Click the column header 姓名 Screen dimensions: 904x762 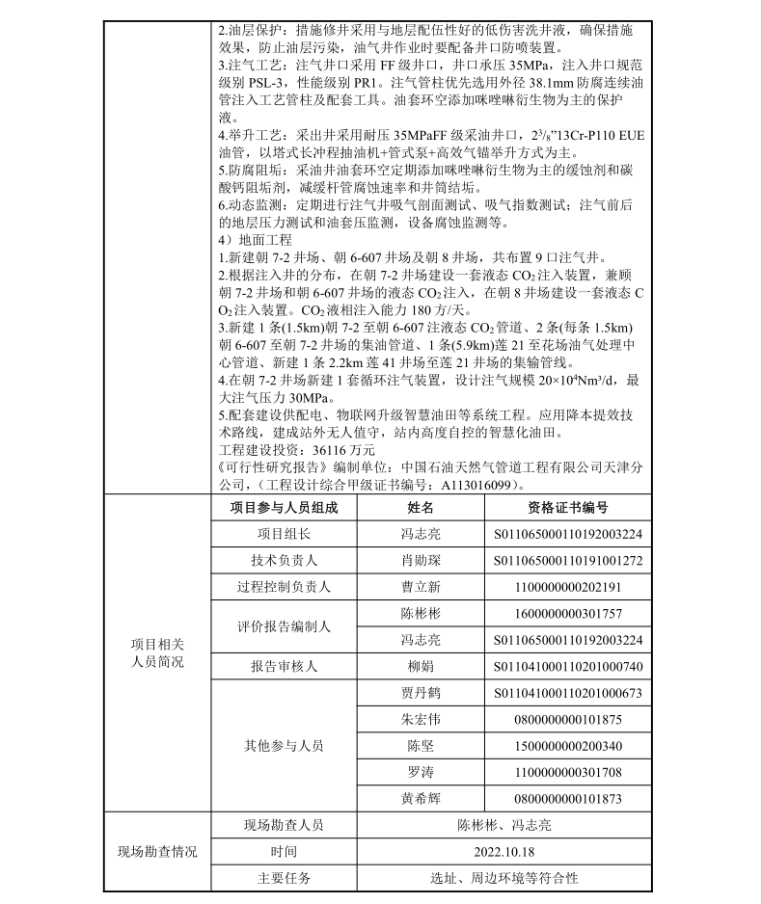tap(421, 507)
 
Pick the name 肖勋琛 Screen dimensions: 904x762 tap(421, 560)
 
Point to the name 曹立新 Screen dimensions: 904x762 tap(421, 587)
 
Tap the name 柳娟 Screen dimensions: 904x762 tap(421, 666)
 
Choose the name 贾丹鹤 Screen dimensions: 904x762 tap(421, 693)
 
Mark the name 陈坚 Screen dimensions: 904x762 tap(421, 746)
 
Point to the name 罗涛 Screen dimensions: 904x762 tap(421, 772)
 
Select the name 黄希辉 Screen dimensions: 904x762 tap(421, 799)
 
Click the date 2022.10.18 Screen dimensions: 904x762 tap(503, 852)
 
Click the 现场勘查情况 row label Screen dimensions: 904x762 tap(157, 852)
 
